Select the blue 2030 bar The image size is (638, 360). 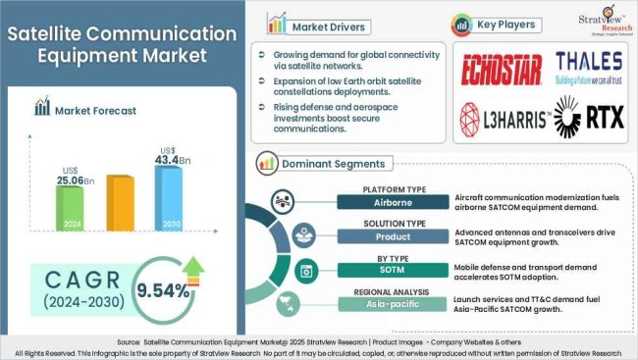168,198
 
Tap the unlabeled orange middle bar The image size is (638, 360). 119,204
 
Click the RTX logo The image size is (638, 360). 586,117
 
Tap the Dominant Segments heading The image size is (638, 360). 334,164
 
